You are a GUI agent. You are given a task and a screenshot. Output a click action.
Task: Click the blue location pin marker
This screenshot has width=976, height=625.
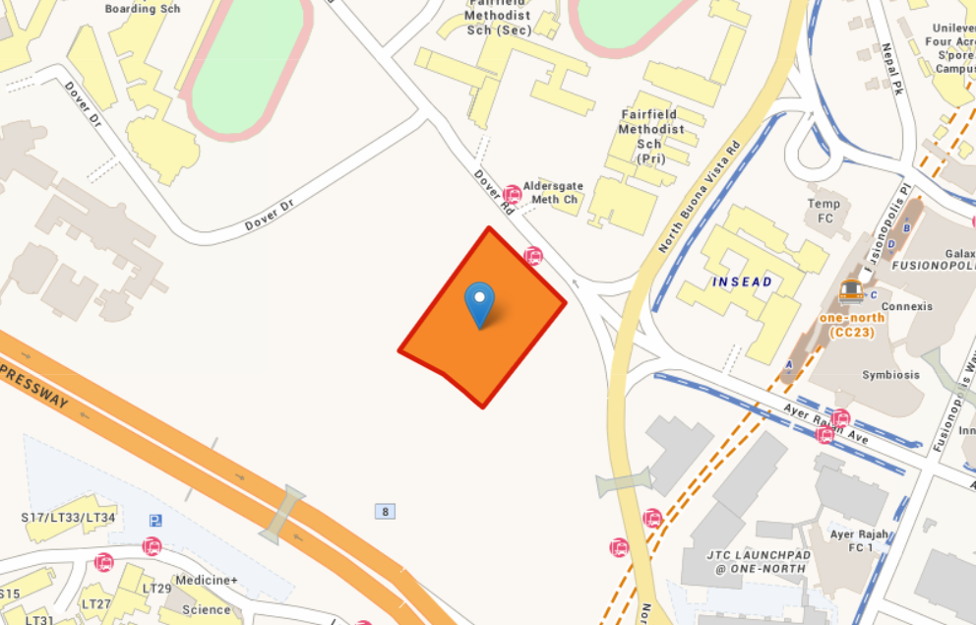tap(479, 303)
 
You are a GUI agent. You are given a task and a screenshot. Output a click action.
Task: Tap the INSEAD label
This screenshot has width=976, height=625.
tap(743, 282)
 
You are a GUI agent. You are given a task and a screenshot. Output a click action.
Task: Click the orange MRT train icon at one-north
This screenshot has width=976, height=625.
tap(851, 290)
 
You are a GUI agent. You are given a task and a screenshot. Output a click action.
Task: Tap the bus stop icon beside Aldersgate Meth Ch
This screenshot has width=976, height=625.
tap(512, 194)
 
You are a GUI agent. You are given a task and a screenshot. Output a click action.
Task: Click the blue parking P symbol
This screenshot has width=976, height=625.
tap(155, 520)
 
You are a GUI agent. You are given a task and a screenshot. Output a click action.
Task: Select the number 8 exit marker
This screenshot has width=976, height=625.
tap(385, 511)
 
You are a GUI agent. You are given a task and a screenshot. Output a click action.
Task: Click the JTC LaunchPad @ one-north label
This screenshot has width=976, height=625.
tap(759, 562)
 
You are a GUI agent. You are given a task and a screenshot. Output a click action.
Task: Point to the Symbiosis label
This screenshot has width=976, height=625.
tap(891, 375)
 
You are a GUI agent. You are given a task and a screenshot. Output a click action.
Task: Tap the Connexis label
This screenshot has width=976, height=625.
tap(906, 306)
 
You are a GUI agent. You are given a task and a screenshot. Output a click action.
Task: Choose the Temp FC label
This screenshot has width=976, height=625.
tap(824, 210)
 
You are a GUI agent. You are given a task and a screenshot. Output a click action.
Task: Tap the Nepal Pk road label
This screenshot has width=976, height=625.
tap(891, 69)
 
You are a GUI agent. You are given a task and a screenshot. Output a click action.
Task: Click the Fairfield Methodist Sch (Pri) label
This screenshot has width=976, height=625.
tap(650, 136)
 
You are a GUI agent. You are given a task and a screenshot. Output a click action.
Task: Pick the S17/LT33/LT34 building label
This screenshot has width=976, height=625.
tap(68, 518)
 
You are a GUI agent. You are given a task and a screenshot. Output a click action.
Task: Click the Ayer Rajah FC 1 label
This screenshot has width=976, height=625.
tap(858, 540)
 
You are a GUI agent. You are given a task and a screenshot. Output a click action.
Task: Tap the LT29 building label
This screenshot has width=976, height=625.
tap(157, 589)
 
